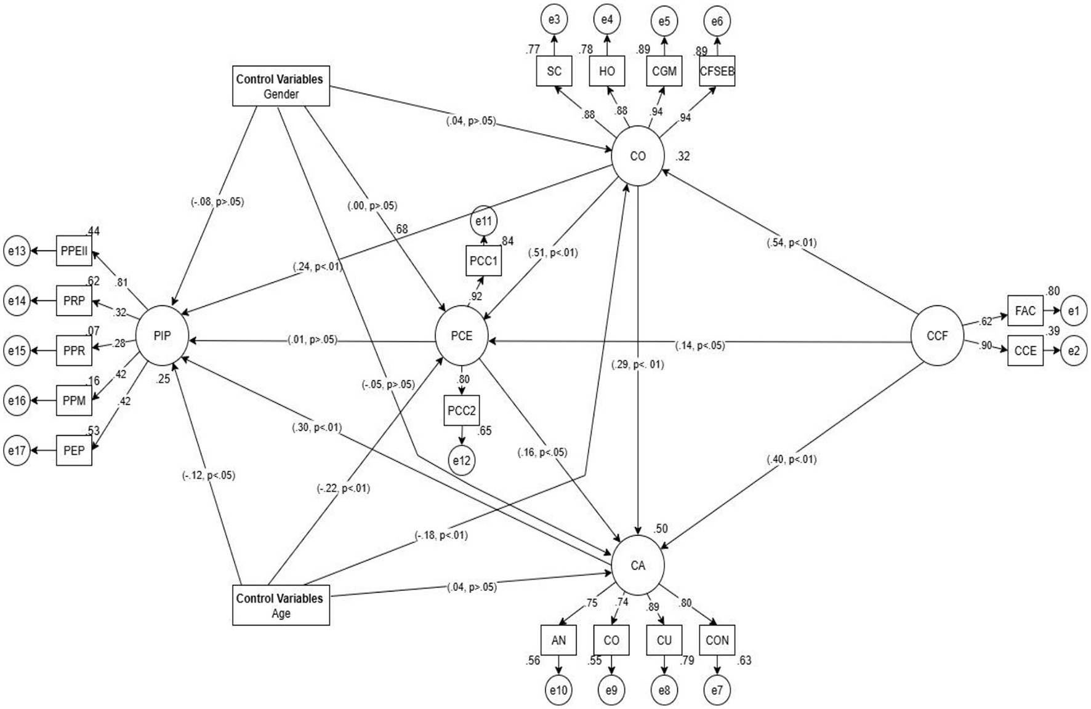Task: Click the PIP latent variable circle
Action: (162, 335)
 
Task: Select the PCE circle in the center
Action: (462, 336)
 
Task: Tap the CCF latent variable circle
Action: (937, 335)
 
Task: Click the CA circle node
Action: (638, 565)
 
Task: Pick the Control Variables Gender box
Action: (281, 86)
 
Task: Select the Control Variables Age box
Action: (281, 606)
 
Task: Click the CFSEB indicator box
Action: (717, 71)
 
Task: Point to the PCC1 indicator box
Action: (483, 261)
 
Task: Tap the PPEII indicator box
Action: (74, 250)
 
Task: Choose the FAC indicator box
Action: (1025, 311)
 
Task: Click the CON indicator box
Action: (717, 641)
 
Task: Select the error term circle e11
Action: (483, 220)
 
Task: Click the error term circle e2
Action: (1074, 351)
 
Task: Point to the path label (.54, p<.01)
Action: (792, 242)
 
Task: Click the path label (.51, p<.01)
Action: (553, 252)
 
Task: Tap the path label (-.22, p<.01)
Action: (344, 489)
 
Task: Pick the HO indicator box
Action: (607, 71)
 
